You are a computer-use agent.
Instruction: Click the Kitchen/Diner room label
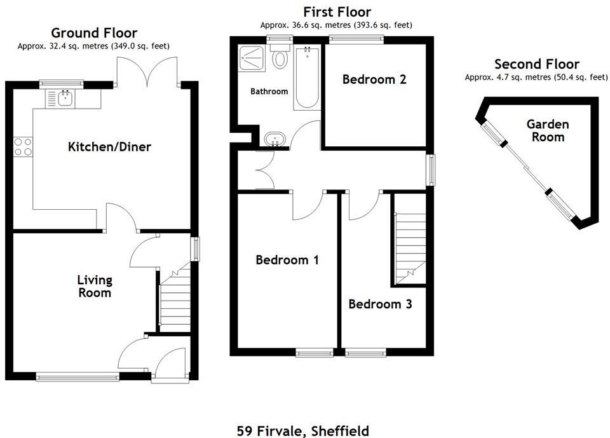[x=109, y=147]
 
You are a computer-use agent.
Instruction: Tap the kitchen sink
[x=64, y=98]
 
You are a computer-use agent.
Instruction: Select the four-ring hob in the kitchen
[x=23, y=147]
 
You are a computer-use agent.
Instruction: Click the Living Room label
[x=94, y=286]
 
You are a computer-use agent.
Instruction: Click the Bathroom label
[x=269, y=92]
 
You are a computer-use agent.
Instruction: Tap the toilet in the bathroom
[x=279, y=58]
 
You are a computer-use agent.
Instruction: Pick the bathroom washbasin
[x=275, y=138]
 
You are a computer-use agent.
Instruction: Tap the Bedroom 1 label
[x=287, y=259]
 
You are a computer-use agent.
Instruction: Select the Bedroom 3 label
[x=380, y=304]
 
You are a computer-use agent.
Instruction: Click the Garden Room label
[x=547, y=130]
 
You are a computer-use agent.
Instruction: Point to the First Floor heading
[x=337, y=11]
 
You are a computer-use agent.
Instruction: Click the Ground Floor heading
[x=94, y=32]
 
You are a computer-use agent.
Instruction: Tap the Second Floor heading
[x=536, y=64]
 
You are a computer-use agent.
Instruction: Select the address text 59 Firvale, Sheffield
[x=302, y=430]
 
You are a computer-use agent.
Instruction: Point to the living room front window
[x=78, y=377]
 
